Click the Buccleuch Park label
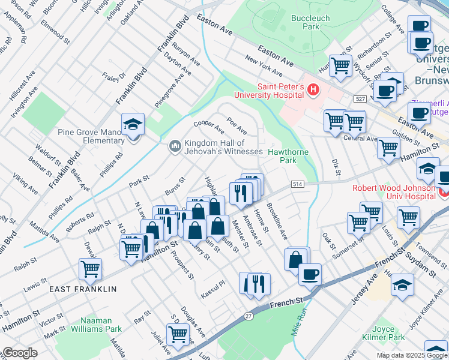(x=310, y=22)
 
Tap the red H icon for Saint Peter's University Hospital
(x=312, y=90)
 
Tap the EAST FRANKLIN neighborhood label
(x=83, y=289)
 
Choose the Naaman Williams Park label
(x=96, y=325)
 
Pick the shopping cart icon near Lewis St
(x=90, y=270)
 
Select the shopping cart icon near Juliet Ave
(x=178, y=334)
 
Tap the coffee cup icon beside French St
(x=310, y=275)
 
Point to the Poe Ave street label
(x=237, y=125)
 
